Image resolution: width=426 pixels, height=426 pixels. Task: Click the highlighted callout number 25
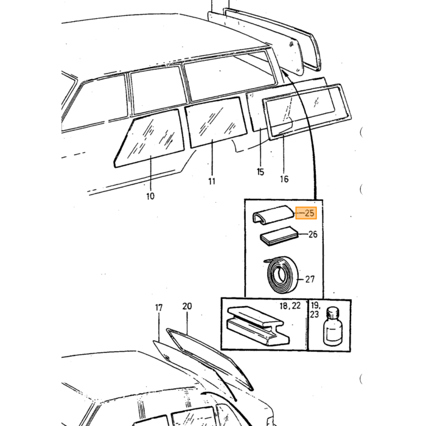tap(309, 213)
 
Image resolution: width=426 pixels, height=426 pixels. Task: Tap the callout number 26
tap(313, 234)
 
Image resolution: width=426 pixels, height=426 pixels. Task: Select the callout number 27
tap(310, 279)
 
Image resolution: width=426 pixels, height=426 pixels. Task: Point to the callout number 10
tap(150, 196)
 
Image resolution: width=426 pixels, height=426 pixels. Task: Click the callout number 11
tap(212, 181)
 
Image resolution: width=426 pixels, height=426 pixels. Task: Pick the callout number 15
tap(260, 172)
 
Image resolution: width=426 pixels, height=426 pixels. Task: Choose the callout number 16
tap(284, 179)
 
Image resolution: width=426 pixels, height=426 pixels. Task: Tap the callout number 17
tap(159, 307)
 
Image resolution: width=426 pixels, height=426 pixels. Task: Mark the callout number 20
tap(187, 306)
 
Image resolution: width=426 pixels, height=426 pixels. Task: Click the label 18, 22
tap(290, 306)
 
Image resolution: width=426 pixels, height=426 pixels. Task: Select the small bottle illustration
tap(333, 326)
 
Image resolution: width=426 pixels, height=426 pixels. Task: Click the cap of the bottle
tap(333, 312)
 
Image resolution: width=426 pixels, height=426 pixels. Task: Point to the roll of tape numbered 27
tap(281, 274)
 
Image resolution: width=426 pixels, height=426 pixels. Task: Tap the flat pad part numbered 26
tap(279, 236)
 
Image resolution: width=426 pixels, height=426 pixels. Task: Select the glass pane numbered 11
tap(215, 122)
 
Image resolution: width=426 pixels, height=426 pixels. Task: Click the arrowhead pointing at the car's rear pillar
tap(284, 73)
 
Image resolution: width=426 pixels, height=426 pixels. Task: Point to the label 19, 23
tap(315, 310)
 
